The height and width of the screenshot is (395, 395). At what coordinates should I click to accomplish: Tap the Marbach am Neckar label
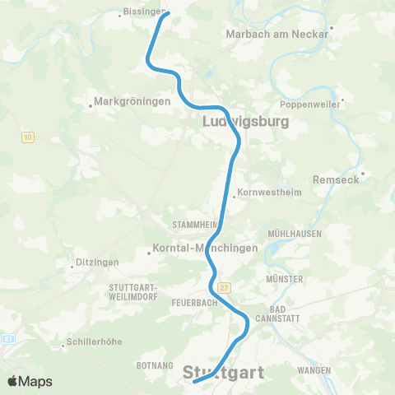point(276,35)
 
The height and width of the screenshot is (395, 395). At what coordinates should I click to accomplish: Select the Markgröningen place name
point(132,102)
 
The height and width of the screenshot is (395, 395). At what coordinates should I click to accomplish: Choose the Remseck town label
point(336,179)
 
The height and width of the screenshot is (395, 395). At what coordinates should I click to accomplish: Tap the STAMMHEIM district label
point(194,224)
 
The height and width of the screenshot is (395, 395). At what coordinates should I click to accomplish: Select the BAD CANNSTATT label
point(272,316)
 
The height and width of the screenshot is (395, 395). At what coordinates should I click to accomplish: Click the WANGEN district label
point(314,370)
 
